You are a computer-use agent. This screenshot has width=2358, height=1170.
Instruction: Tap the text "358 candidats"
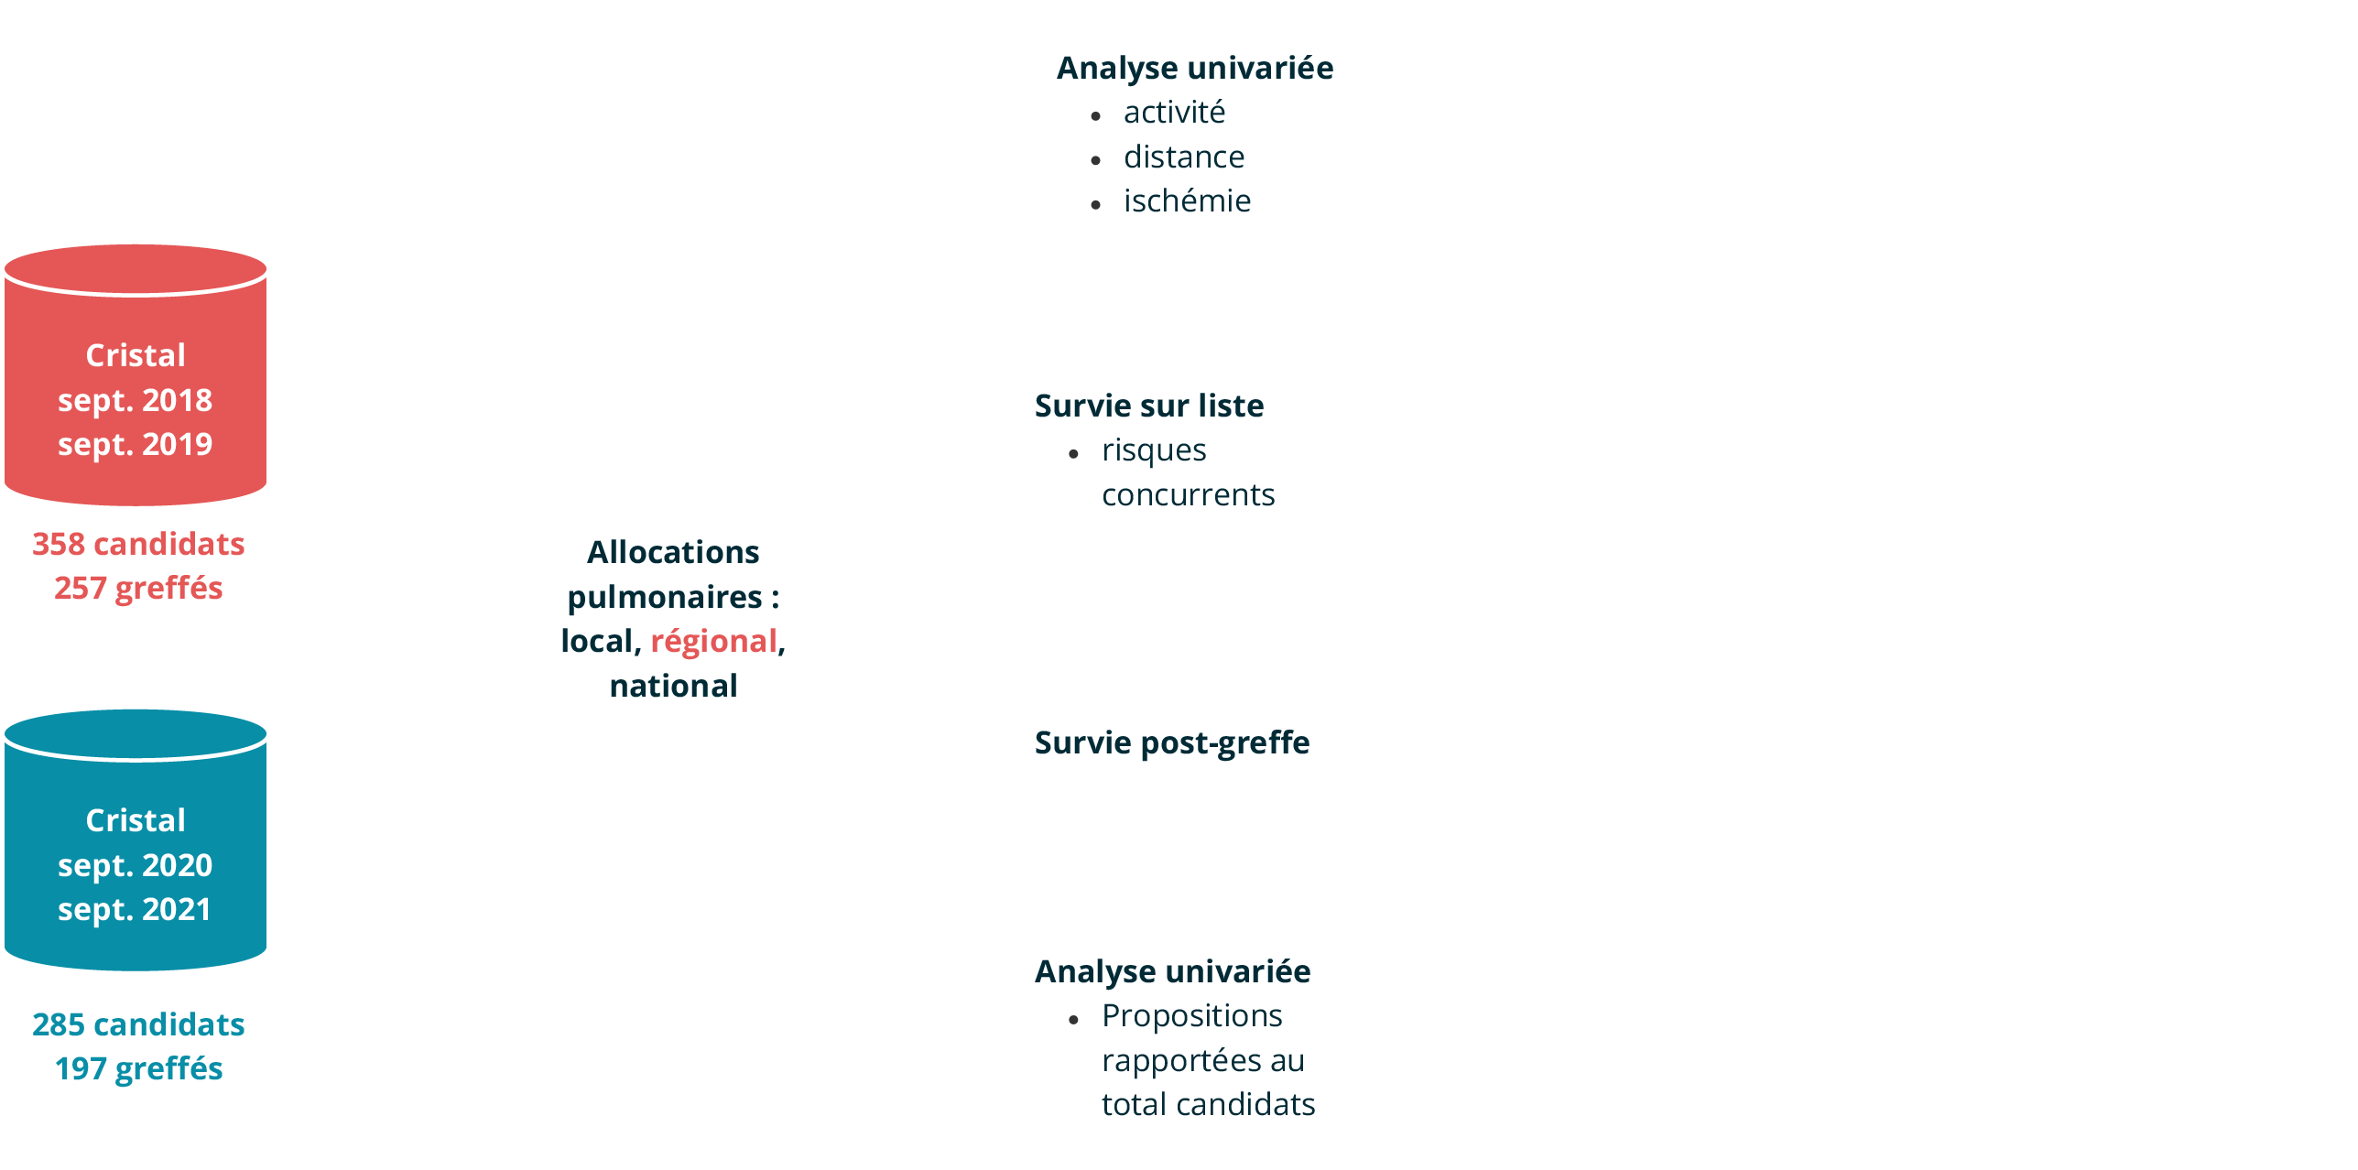pyautogui.click(x=138, y=544)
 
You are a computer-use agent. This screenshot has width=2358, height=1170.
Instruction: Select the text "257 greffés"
pyautogui.click(x=138, y=588)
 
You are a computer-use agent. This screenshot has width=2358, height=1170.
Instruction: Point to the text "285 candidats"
pyautogui.click(x=138, y=1024)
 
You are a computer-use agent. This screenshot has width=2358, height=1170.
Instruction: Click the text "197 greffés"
pyautogui.click(x=138, y=1068)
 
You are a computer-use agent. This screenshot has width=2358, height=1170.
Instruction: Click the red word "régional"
pyautogui.click(x=713, y=641)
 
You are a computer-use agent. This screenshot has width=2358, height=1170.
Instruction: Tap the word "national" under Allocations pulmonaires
pyautogui.click(x=673, y=686)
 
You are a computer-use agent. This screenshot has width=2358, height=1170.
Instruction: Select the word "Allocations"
pyautogui.click(x=673, y=552)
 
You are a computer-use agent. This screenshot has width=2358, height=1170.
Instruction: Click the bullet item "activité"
pyautogui.click(x=1174, y=112)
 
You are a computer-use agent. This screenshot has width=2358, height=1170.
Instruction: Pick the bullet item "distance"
pyautogui.click(x=1184, y=157)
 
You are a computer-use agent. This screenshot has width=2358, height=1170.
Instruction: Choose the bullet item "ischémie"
pyautogui.click(x=1187, y=200)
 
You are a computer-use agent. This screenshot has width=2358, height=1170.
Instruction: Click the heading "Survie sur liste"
pyautogui.click(x=1149, y=406)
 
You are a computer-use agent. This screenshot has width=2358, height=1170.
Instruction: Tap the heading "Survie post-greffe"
pyautogui.click(x=1172, y=742)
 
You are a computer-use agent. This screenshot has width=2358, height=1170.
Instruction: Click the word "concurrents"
pyautogui.click(x=1188, y=494)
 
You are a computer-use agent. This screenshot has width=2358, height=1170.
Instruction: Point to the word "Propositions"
pyautogui.click(x=1191, y=1015)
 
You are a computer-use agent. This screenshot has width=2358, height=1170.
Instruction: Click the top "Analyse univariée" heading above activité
pyautogui.click(x=1195, y=68)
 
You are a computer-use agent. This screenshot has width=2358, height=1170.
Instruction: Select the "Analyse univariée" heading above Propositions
pyautogui.click(x=1172, y=971)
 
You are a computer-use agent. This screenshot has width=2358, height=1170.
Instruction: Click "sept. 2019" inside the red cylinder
pyautogui.click(x=136, y=444)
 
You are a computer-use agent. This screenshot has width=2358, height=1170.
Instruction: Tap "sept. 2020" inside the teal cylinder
pyautogui.click(x=136, y=865)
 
